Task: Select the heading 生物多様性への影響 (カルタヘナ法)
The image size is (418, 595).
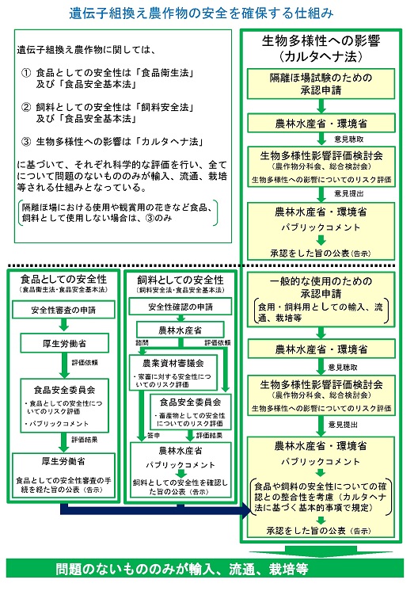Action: [x=325, y=49]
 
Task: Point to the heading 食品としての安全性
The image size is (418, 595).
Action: [x=64, y=280]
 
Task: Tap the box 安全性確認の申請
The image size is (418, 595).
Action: [x=177, y=307]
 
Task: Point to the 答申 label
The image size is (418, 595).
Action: [x=143, y=435]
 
